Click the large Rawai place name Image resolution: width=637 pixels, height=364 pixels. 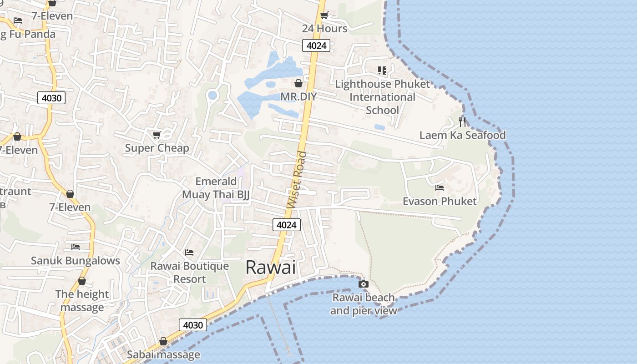pyautogui.click(x=271, y=267)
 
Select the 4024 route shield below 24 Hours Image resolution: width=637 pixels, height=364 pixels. pyautogui.click(x=316, y=45)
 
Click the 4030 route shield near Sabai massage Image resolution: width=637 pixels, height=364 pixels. pyautogui.click(x=192, y=325)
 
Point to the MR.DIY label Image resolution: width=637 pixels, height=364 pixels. pyautogui.click(x=298, y=96)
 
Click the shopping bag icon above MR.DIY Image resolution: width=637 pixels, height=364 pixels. pyautogui.click(x=298, y=83)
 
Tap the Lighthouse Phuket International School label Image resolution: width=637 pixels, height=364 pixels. pyautogui.click(x=382, y=97)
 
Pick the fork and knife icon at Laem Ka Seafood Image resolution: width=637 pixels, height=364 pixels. pyautogui.click(x=462, y=121)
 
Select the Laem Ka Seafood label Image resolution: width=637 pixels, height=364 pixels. pyautogui.click(x=462, y=135)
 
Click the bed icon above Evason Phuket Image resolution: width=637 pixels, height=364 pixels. pyautogui.click(x=440, y=187)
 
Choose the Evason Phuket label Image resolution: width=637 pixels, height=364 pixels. pyautogui.click(x=440, y=201)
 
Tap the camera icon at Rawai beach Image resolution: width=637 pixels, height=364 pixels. pyautogui.click(x=363, y=284)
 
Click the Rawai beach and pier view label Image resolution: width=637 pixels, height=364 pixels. pyautogui.click(x=363, y=304)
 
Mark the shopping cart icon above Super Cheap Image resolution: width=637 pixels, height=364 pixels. pyautogui.click(x=157, y=135)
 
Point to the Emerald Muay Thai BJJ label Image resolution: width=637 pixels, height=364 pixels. pyautogui.click(x=216, y=188)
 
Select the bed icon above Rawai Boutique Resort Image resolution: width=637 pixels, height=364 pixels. pyautogui.click(x=189, y=252)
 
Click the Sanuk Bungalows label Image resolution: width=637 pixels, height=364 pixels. pyautogui.click(x=76, y=261)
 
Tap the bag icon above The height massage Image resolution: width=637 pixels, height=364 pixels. pyautogui.click(x=82, y=281)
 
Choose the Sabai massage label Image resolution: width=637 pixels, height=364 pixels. pyautogui.click(x=163, y=354)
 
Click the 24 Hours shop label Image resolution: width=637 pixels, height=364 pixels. pyautogui.click(x=324, y=29)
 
